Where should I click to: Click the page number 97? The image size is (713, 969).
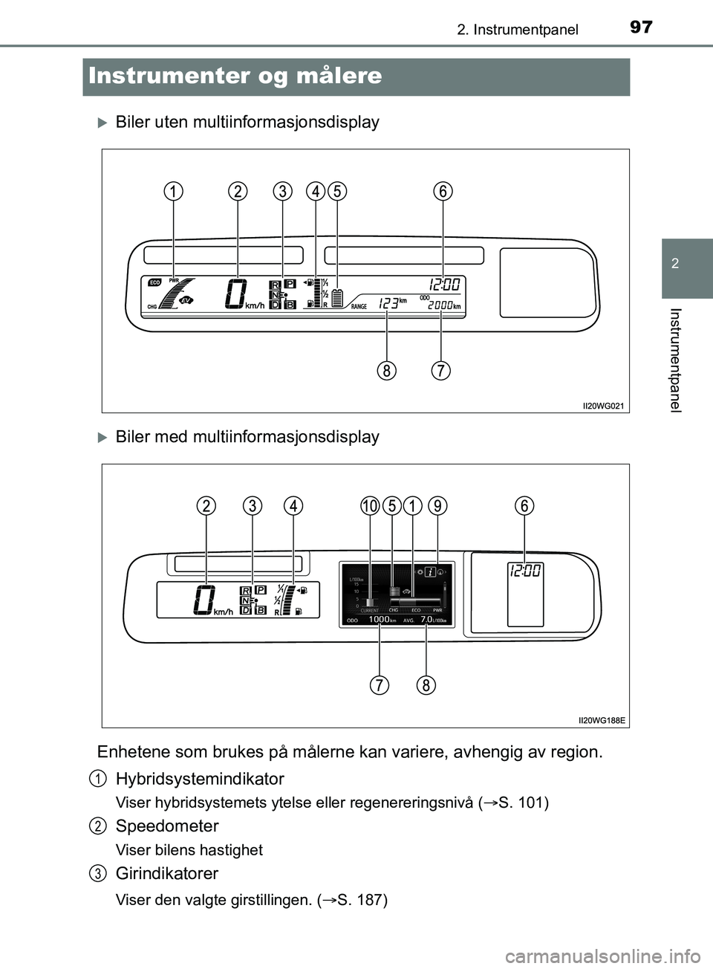click(640, 27)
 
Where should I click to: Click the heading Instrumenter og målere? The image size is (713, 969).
click(235, 76)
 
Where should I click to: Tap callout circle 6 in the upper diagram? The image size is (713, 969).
click(443, 191)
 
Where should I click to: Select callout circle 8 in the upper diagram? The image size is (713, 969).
click(385, 369)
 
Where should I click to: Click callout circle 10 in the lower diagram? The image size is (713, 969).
click(370, 506)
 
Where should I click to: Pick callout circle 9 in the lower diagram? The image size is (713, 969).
click(438, 506)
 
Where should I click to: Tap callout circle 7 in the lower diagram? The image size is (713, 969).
click(380, 684)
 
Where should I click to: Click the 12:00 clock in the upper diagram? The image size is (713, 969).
click(443, 284)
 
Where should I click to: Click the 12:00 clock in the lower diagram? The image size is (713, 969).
click(525, 571)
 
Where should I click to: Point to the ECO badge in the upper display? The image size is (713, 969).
click(154, 282)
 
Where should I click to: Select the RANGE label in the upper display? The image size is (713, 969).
click(359, 306)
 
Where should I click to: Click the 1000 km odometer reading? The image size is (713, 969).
click(379, 619)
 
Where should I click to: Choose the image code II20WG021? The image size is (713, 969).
click(602, 406)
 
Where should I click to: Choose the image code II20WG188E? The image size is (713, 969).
click(602, 720)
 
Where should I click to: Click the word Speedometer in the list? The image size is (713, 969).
click(167, 826)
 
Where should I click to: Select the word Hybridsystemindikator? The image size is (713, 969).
click(200, 779)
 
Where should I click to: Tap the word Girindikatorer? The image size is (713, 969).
click(167, 873)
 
